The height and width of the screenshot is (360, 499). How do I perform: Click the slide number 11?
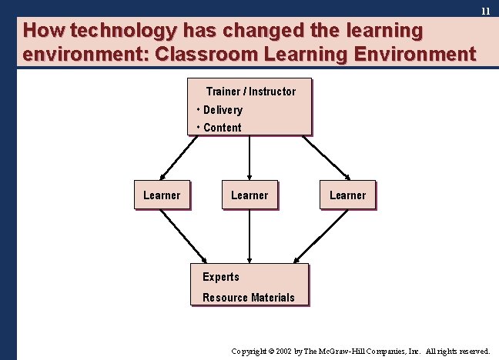point(485,12)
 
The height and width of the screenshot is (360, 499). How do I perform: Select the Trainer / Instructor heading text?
point(250,92)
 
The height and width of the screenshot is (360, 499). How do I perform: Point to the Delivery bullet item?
point(223,110)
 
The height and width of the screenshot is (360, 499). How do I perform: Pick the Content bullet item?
point(222,128)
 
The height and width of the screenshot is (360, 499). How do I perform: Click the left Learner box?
point(162,195)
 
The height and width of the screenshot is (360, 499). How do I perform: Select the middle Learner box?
point(249,195)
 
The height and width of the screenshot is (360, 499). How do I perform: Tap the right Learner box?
point(347,195)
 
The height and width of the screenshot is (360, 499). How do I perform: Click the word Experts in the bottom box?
point(221,277)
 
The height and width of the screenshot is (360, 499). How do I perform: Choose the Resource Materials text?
point(248,298)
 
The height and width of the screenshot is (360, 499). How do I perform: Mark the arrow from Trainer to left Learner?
point(178,158)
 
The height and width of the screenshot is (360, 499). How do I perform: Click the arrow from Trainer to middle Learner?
point(249,158)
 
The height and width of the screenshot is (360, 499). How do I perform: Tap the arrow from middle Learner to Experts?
point(249,236)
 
